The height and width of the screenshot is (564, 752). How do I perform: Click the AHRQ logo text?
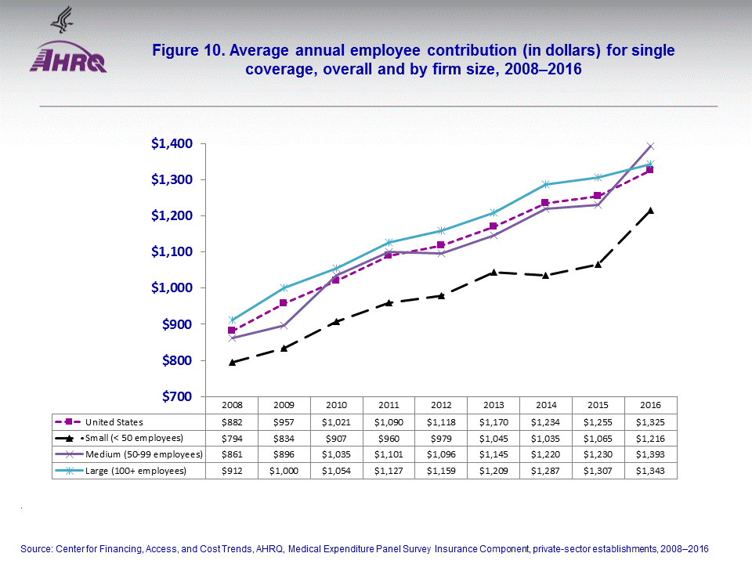coord(67,60)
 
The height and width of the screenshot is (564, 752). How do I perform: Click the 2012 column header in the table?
coord(441,406)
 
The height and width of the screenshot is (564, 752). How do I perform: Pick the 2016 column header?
coord(650,406)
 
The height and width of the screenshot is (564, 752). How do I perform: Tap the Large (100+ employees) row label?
coord(136,471)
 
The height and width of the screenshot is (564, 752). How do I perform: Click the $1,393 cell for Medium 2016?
coord(650,454)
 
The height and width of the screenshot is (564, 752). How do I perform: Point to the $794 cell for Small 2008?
coord(233,438)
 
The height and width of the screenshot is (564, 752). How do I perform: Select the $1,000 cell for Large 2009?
coord(284,471)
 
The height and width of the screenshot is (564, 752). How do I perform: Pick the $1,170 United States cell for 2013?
coord(493,422)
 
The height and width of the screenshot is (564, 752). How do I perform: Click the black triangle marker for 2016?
coord(650,210)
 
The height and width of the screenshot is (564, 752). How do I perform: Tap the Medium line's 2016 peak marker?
coord(650,146)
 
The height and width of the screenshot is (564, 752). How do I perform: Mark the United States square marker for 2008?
coord(233,331)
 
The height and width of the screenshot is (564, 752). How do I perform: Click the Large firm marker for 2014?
coord(546,185)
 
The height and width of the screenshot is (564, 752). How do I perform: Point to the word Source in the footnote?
coord(36,549)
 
